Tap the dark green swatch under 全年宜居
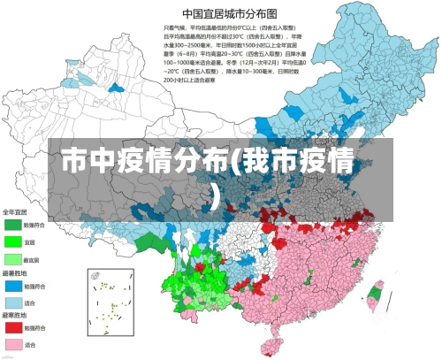12,225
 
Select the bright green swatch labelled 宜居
12,241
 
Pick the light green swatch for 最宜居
12,259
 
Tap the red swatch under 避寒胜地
12,328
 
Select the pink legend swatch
12,344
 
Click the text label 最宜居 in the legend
30,259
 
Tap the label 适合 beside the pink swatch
28,344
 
